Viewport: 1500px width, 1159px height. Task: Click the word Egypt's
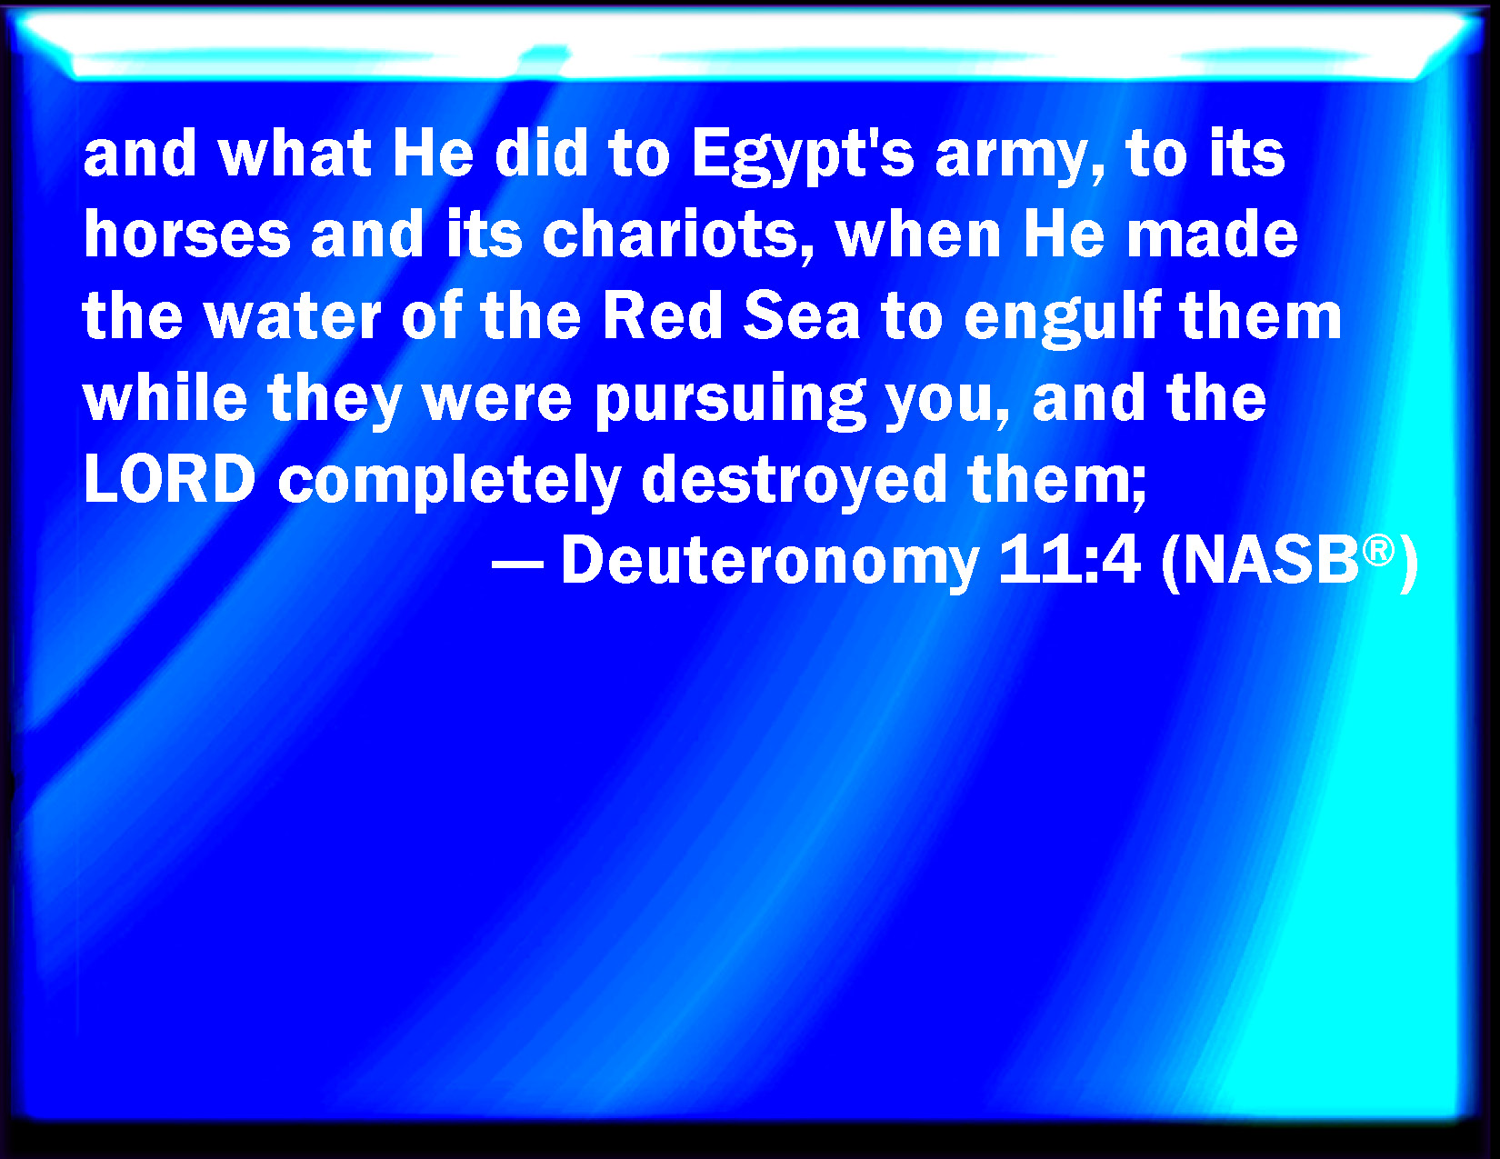802,157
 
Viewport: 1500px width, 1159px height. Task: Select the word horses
187,234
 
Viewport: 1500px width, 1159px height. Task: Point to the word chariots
671,234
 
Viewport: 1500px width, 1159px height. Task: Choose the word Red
663,315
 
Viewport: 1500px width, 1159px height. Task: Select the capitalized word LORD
170,478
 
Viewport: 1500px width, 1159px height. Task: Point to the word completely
449,483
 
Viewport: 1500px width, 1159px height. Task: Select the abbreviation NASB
1271,562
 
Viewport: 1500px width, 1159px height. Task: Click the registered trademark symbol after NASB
1378,551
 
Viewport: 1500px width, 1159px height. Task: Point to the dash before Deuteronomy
517,565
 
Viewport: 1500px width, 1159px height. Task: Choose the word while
165,397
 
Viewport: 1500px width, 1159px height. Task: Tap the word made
1213,234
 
